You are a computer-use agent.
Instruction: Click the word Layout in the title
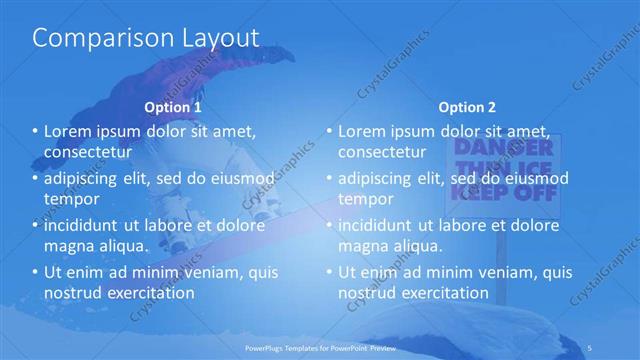coord(214,38)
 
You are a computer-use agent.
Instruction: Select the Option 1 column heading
coord(173,107)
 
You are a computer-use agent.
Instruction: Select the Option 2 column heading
coord(466,107)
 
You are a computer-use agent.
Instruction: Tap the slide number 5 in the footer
coord(594,347)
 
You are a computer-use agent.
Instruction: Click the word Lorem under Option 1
coord(68,132)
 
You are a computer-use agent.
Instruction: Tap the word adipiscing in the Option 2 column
coord(382,179)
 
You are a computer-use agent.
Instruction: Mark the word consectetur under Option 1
coord(89,153)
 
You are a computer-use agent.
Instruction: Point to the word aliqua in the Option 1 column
coord(124,246)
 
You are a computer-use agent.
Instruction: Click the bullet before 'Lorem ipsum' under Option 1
coord(34,132)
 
